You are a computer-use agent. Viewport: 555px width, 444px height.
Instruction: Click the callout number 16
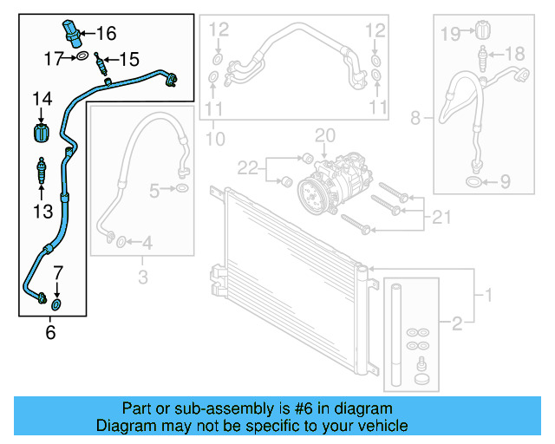(106, 34)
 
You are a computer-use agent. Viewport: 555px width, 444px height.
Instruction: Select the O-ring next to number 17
(82, 57)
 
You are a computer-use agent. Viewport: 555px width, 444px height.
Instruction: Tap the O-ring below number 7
(56, 304)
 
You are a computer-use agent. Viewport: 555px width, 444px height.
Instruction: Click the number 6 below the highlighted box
(50, 331)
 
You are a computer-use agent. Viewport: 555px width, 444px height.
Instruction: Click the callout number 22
(249, 165)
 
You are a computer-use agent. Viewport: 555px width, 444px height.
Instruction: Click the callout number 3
(142, 278)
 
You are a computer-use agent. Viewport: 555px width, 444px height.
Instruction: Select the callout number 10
(215, 138)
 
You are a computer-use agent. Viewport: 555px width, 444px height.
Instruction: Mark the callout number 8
(415, 116)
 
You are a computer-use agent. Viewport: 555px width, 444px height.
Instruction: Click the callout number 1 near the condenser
(487, 296)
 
